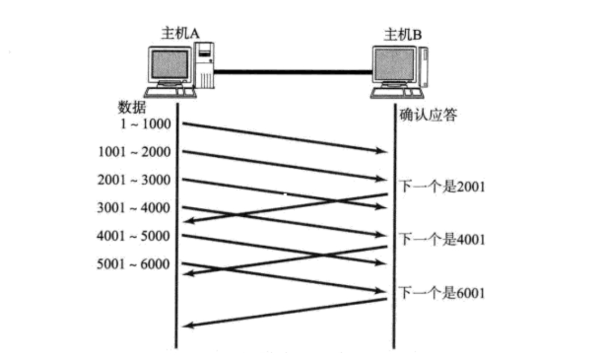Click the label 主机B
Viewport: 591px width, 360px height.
pyautogui.click(x=403, y=34)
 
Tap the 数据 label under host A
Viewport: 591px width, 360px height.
pyautogui.click(x=132, y=108)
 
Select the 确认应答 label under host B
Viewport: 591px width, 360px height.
pyautogui.click(x=428, y=115)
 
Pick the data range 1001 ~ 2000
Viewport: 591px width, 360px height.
pyautogui.click(x=134, y=153)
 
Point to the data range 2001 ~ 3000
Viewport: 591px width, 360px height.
pyautogui.click(x=134, y=180)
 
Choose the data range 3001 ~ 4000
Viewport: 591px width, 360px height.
pyautogui.click(x=134, y=208)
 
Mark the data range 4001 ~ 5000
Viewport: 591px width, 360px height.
pyautogui.click(x=134, y=236)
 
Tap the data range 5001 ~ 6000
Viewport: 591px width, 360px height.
pyautogui.click(x=134, y=264)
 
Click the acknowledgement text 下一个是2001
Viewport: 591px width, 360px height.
pyautogui.click(x=443, y=187)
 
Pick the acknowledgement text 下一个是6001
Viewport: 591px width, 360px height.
pyautogui.click(x=443, y=292)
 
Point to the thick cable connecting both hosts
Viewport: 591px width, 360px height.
pyautogui.click(x=293, y=72)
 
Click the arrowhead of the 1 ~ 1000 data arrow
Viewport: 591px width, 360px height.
pyautogui.click(x=382, y=152)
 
